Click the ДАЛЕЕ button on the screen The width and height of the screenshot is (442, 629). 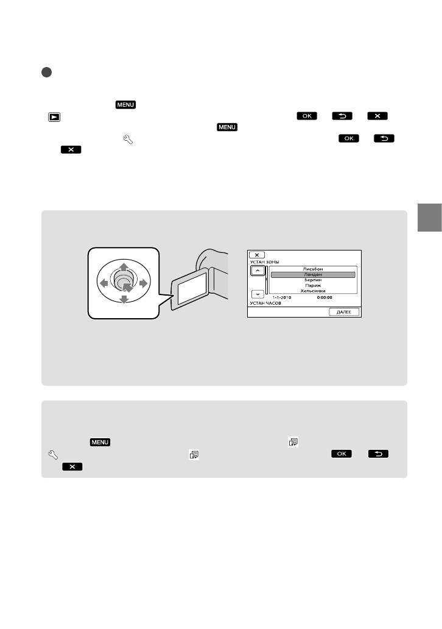344,311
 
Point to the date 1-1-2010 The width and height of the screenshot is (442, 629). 281,298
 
